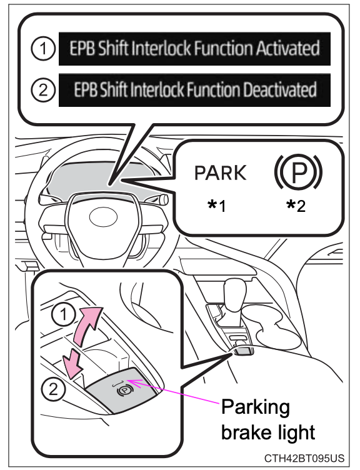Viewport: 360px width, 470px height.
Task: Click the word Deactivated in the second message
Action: tap(282, 90)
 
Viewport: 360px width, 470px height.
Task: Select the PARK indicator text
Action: tap(220, 173)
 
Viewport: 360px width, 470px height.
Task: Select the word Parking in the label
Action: tap(254, 407)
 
